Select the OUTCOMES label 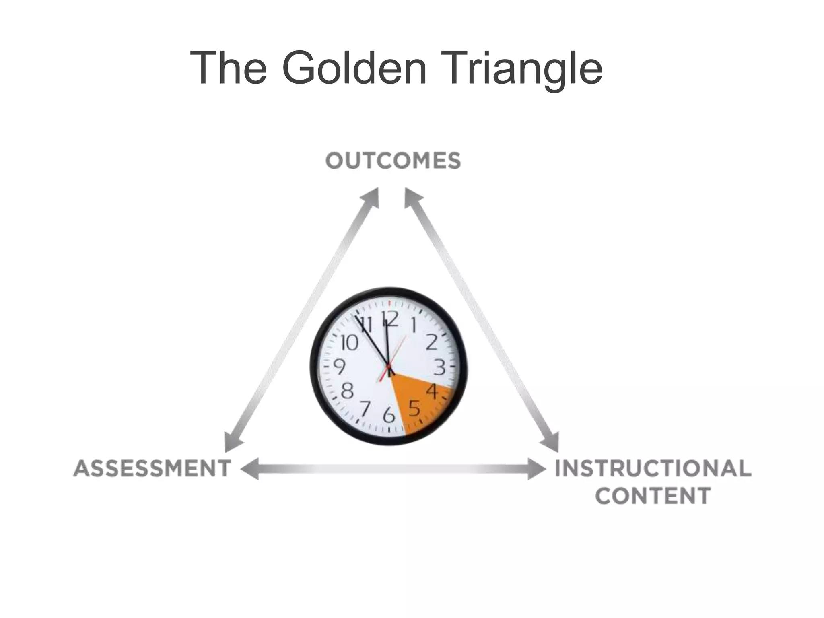[x=393, y=161]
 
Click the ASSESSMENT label [x=152, y=469]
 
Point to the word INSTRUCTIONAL [x=653, y=468]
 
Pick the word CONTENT [x=653, y=496]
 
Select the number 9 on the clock [x=340, y=367]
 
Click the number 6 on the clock [x=389, y=415]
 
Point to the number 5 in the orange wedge [x=414, y=409]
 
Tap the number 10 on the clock [x=349, y=343]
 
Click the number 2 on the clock [x=431, y=342]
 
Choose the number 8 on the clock [x=347, y=390]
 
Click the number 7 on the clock [x=365, y=409]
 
